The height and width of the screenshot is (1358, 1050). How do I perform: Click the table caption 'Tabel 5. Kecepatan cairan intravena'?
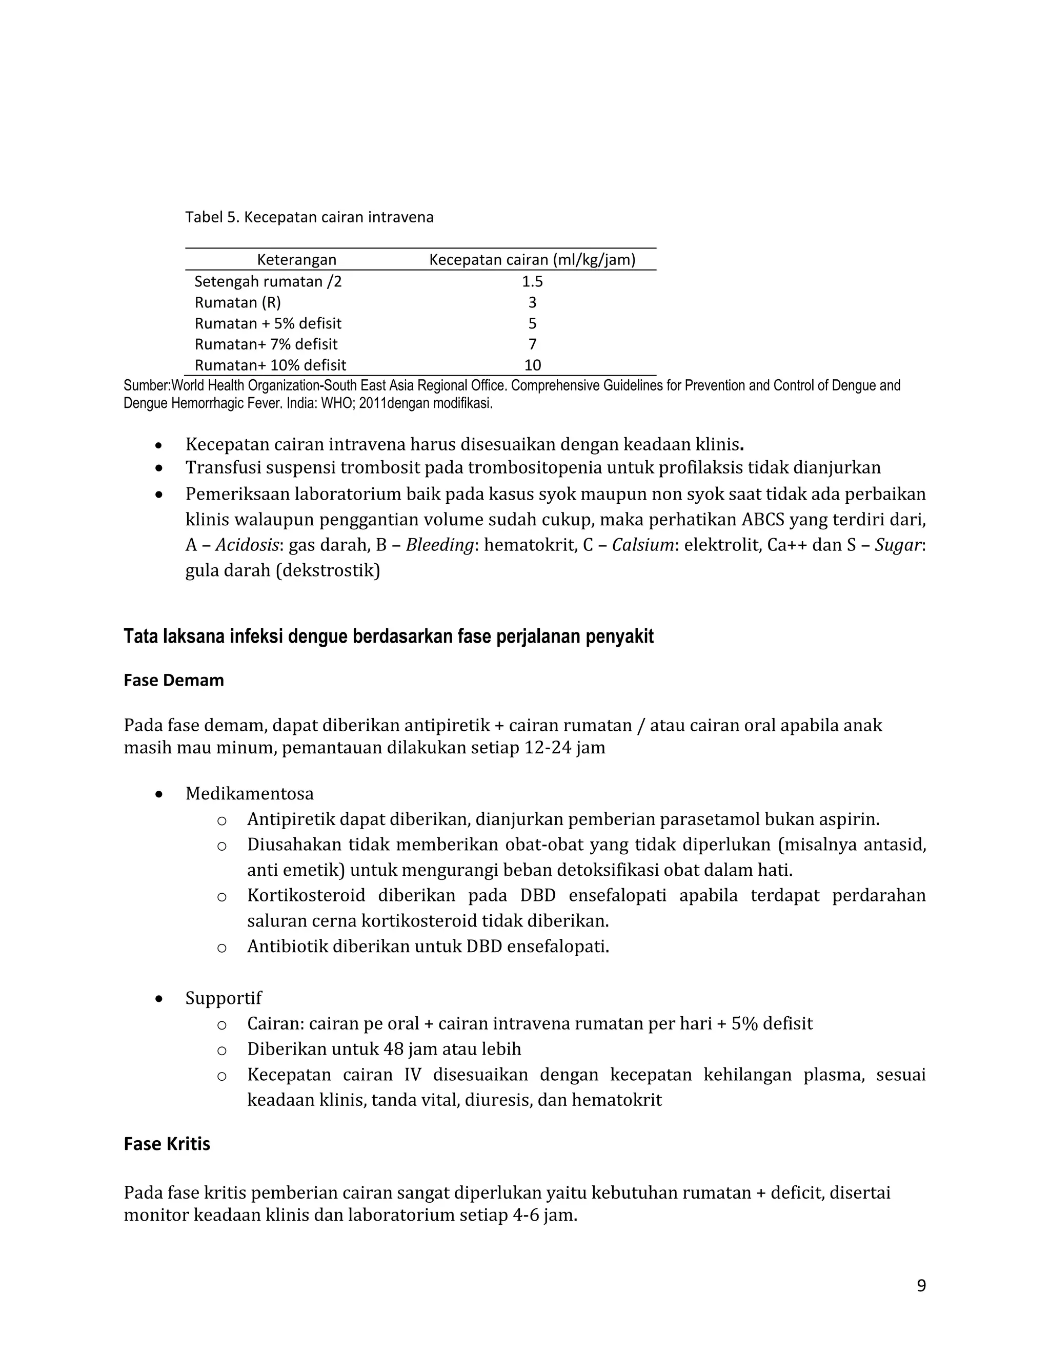point(309,218)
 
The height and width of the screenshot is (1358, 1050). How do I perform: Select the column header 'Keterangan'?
point(297,260)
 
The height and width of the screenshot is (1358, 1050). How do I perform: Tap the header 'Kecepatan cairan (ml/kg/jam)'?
point(532,260)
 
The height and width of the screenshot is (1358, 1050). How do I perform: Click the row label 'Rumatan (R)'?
point(237,303)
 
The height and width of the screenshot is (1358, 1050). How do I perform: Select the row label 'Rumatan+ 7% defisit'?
point(266,344)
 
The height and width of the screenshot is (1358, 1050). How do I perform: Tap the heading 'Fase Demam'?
point(174,680)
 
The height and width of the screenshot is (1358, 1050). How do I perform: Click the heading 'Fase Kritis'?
point(167,1144)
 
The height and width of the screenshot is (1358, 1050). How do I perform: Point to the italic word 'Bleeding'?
point(440,545)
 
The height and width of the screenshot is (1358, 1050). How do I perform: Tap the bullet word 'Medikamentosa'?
point(250,794)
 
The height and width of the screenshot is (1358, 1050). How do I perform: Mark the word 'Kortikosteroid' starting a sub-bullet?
point(306,896)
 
